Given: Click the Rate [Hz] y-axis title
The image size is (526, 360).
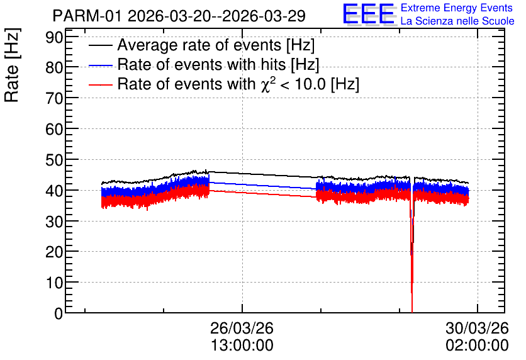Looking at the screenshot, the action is [12, 65].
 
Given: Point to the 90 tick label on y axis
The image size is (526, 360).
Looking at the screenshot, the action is [54, 38].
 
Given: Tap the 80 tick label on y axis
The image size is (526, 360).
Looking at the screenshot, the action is [54, 68].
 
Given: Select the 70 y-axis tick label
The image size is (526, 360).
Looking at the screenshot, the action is [54, 99].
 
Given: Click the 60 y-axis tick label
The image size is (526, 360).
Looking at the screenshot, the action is [54, 130].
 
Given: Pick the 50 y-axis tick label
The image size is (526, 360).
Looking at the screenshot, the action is [54, 160].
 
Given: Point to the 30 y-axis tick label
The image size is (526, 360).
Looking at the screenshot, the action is [54, 222].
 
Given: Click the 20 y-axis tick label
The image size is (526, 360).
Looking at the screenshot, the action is [54, 252].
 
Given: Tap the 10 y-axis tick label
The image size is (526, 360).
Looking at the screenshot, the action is [54, 283].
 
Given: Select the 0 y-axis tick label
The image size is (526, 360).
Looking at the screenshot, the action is [59, 313].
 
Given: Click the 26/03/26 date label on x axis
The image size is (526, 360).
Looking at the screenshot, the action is [242, 328].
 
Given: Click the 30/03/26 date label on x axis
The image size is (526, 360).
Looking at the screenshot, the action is [477, 328].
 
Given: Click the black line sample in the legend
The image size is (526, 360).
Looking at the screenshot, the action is [100, 45].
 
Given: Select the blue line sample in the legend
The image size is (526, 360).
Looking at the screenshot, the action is [100, 65].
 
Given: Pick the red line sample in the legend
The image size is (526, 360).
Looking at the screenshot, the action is [100, 84].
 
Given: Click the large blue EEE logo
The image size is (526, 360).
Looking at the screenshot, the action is [368, 14].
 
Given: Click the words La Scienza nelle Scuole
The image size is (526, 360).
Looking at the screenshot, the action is [457, 21].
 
